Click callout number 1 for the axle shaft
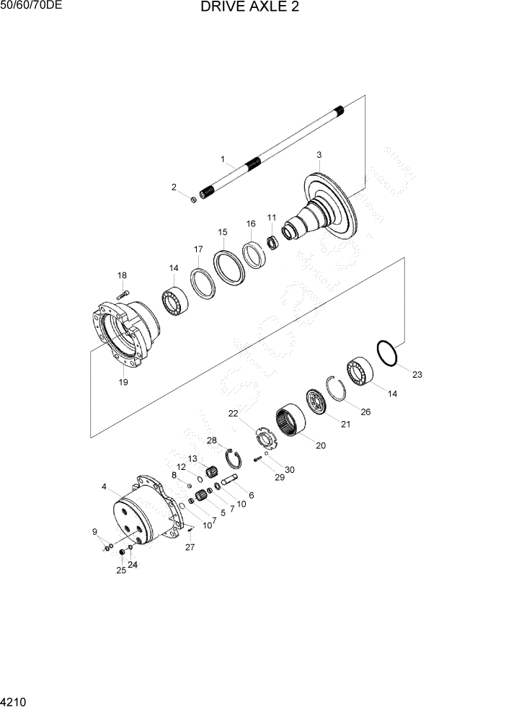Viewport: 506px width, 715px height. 223,159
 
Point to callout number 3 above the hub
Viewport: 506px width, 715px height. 319,155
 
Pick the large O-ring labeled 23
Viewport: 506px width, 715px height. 387,353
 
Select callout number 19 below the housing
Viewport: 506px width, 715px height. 123,382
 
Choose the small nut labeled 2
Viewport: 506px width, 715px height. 194,199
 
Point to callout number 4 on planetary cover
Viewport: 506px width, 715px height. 105,487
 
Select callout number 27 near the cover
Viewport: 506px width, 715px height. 190,547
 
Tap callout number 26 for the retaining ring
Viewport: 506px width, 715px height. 365,412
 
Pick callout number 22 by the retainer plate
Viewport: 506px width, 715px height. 233,413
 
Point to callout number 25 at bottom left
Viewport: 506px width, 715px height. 121,570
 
